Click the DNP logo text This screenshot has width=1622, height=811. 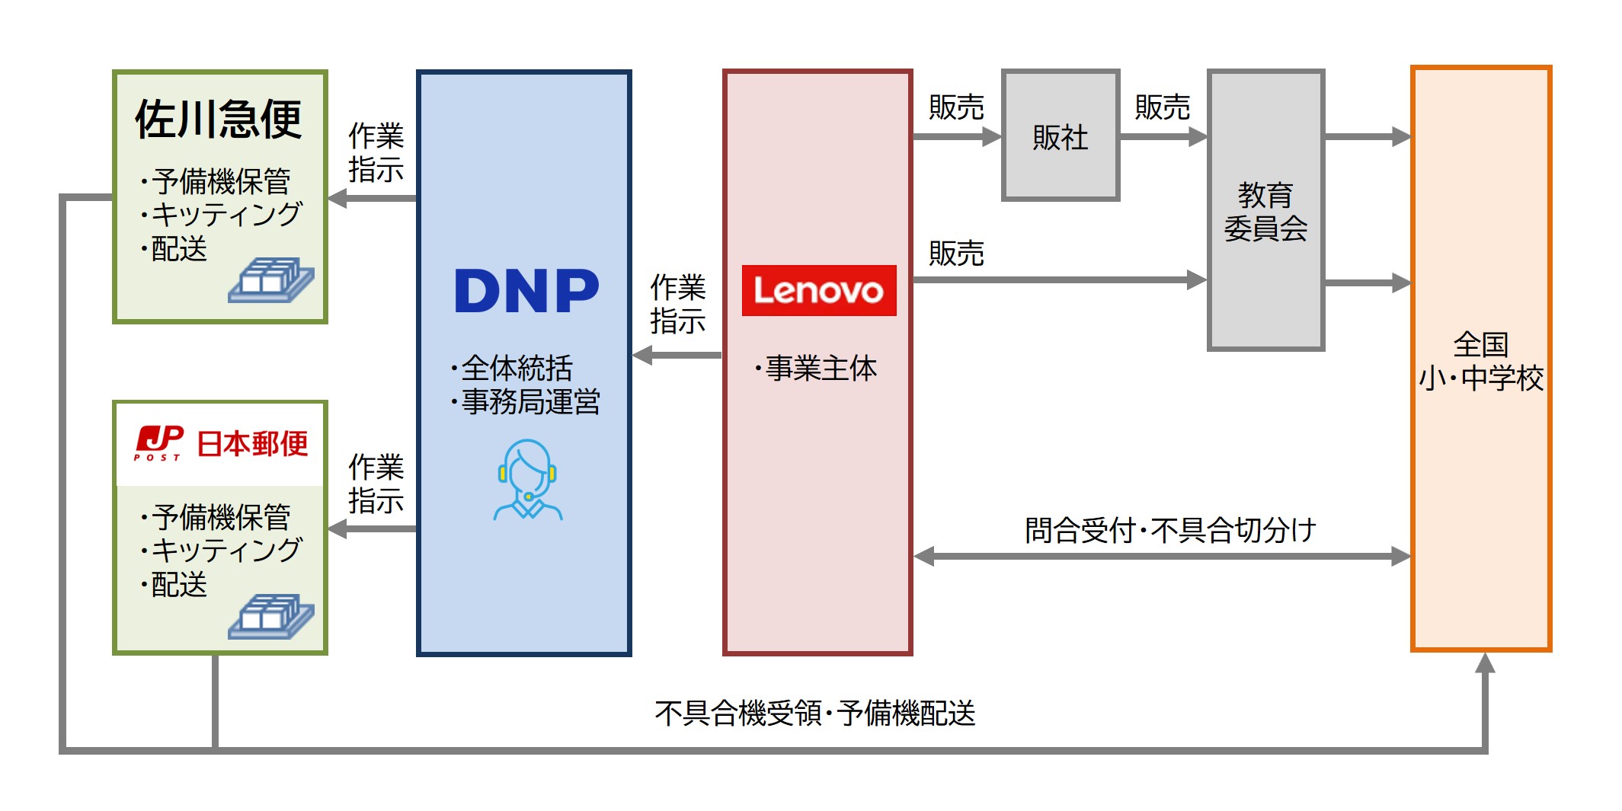[x=526, y=291]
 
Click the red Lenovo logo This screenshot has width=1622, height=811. [x=818, y=290]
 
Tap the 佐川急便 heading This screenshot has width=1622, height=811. [x=219, y=120]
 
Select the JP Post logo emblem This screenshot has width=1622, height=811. [x=158, y=442]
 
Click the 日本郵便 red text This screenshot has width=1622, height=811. [x=252, y=443]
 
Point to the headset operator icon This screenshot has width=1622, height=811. [x=527, y=480]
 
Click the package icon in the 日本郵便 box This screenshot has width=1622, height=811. [x=270, y=616]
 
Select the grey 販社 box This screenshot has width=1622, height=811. [x=1060, y=136]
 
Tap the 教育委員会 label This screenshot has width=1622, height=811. [x=1265, y=212]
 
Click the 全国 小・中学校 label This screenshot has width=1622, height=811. [x=1480, y=361]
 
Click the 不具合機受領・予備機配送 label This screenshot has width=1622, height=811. [x=814, y=714]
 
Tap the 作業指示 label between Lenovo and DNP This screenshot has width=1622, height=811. [x=677, y=304]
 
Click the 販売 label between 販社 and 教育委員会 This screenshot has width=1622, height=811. [x=1162, y=107]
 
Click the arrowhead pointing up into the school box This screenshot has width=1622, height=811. [x=1484, y=663]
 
